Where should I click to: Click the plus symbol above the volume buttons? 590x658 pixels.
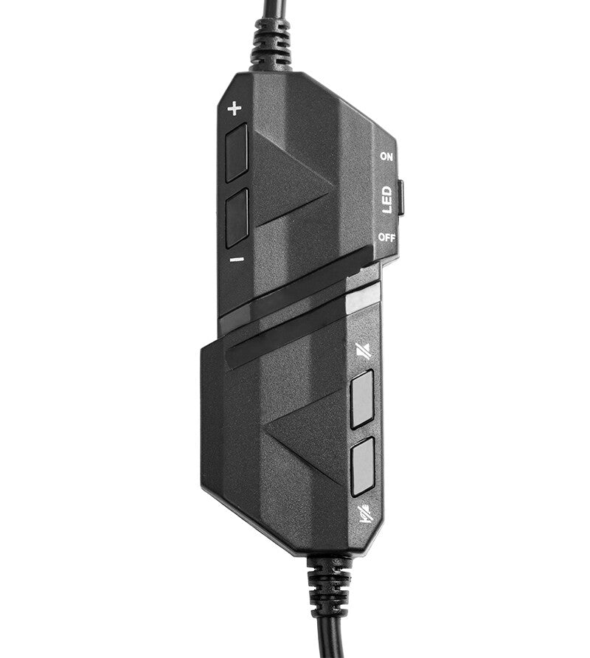pos(235,108)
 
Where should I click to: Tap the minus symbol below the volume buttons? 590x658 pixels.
pos(237,260)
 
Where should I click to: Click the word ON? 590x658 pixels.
pos(386,156)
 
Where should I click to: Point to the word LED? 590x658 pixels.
pos(387,200)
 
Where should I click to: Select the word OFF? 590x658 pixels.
pos(386,238)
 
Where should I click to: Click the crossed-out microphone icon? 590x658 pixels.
pos(364,513)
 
